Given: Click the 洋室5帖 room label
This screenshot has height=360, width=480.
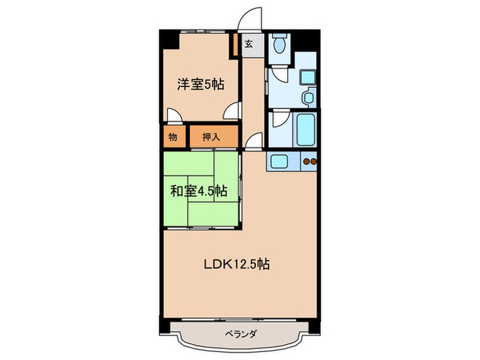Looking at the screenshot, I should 200,85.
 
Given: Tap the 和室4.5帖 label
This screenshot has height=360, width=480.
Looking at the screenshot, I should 199,191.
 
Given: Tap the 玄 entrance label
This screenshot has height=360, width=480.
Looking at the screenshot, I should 249,45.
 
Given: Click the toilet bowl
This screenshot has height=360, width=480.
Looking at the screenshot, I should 279,46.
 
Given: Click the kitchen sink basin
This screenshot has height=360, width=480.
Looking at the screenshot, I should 280,163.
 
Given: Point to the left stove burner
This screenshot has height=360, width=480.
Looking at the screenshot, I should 306,163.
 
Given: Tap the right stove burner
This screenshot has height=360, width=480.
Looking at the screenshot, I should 314,163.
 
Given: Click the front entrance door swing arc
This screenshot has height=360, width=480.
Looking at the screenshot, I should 251,18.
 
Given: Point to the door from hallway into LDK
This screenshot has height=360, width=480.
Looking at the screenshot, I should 252,142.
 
